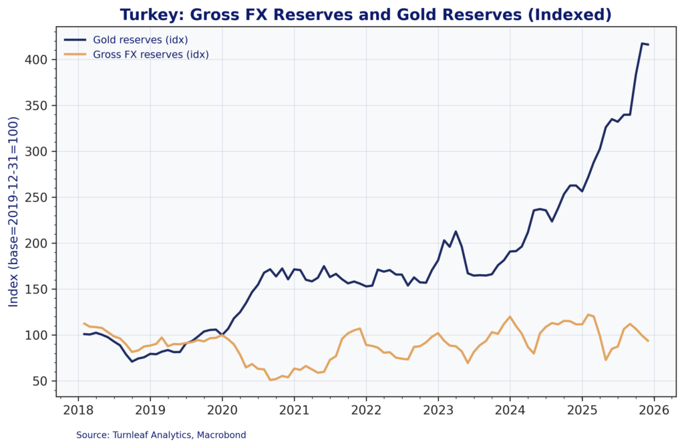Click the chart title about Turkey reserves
[x=365, y=15]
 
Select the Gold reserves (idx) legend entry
[x=140, y=40]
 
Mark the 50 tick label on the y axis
[x=39, y=381]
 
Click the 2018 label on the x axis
[x=78, y=409]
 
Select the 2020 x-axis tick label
[x=222, y=409]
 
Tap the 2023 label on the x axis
[x=438, y=409]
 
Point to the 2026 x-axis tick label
[x=654, y=409]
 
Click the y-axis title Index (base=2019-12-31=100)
[x=14, y=212]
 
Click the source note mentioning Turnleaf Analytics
[x=161, y=435]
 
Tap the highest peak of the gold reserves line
[x=642, y=43]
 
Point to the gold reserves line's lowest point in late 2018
[x=132, y=361]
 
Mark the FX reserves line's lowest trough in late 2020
[x=270, y=380]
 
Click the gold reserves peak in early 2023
[x=456, y=232]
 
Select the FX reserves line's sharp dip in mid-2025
[x=606, y=360]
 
